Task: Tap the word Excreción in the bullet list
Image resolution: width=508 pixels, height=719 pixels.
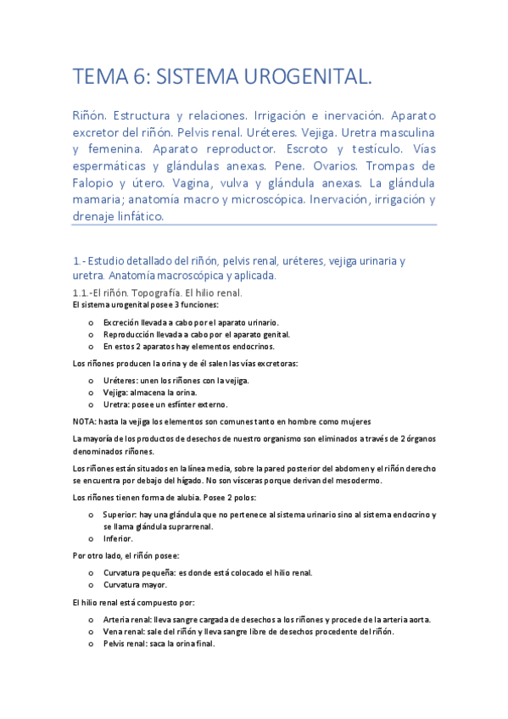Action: tap(123, 322)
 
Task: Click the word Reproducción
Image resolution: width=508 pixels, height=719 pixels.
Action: tap(130, 334)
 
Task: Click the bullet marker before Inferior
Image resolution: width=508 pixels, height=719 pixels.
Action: tap(91, 538)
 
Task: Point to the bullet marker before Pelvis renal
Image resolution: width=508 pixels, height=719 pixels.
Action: tap(91, 644)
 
